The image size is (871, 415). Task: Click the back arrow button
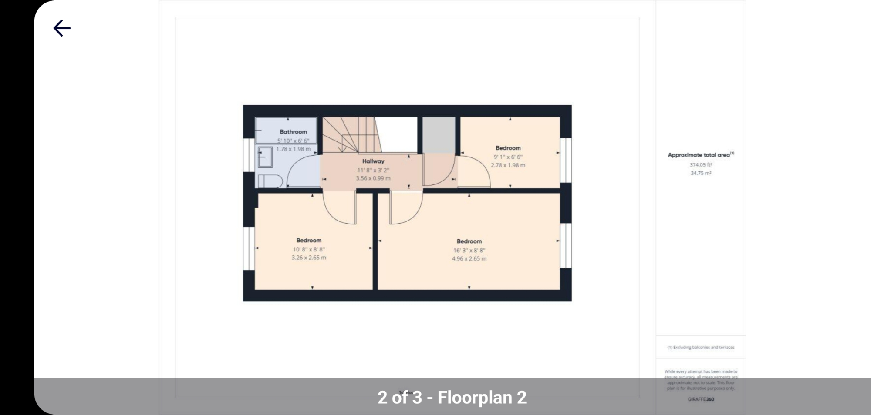click(62, 28)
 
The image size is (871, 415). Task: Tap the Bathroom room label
click(293, 132)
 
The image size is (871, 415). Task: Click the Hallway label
click(373, 161)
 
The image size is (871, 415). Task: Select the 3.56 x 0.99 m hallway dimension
click(373, 178)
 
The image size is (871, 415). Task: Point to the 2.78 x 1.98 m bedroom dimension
click(508, 165)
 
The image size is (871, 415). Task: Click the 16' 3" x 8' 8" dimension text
click(469, 250)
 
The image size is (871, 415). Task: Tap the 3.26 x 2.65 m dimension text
click(309, 258)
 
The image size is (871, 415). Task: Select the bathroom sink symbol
click(265, 157)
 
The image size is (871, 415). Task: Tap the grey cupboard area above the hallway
click(439, 135)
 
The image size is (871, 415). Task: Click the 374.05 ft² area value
click(701, 165)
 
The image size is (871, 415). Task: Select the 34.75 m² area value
click(701, 173)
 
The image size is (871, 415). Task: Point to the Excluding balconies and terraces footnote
click(701, 347)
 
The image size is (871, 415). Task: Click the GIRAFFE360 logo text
click(701, 399)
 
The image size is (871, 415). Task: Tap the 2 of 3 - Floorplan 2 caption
click(452, 397)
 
